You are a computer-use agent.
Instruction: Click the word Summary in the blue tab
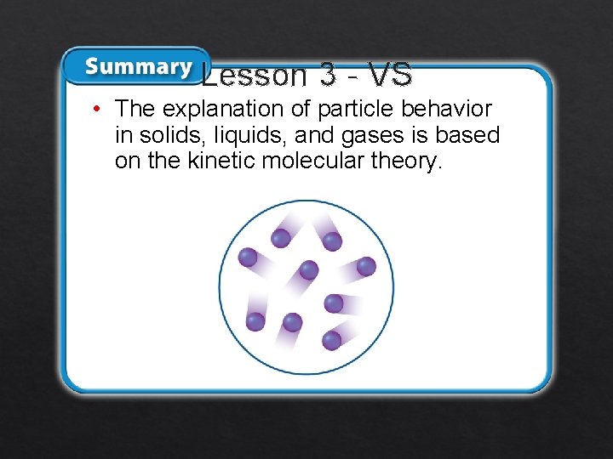[x=138, y=66]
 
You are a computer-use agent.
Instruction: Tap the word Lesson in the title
[x=255, y=76]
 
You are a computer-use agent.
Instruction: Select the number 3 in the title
[x=328, y=76]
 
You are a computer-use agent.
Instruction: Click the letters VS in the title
[x=392, y=76]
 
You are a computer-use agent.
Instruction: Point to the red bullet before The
[x=99, y=109]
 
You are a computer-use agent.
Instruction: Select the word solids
[x=164, y=135]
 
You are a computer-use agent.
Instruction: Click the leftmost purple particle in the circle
[x=248, y=257]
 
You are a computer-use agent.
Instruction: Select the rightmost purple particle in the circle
[x=366, y=266]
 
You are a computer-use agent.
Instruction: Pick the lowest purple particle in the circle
[x=332, y=341]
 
